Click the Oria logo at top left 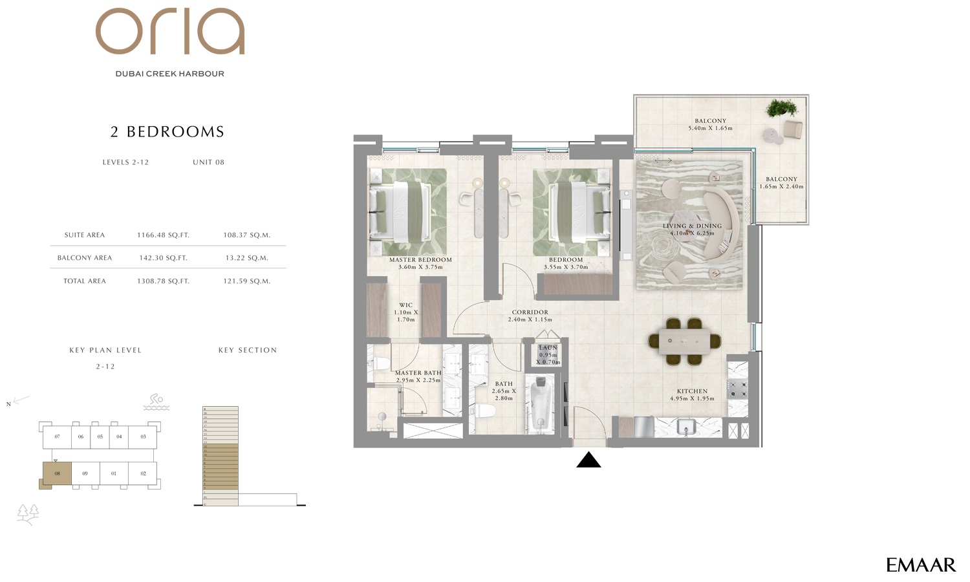coord(170,32)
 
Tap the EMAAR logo coord(920,565)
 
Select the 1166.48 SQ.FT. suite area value coord(163,235)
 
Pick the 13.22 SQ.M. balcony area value coord(246,258)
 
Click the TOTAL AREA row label coord(85,281)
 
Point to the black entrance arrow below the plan coord(588,460)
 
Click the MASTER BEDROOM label coord(420,260)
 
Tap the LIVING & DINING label coord(692,226)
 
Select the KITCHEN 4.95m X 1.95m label coord(692,394)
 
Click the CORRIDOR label coord(530,312)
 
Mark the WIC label coord(405,305)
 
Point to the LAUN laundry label coord(548,348)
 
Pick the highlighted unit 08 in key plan coord(57,474)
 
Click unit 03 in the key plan coord(143,437)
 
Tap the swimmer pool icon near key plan coord(156,402)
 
